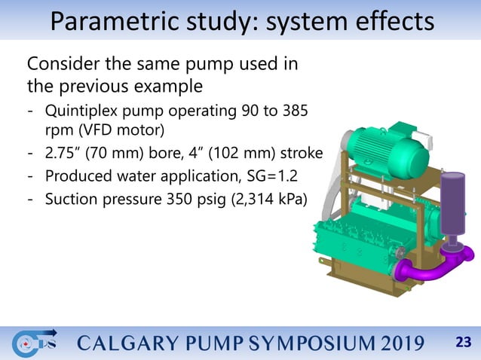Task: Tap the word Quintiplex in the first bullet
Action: pyautogui.click(x=85, y=111)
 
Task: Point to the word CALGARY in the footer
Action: pyautogui.click(x=119, y=344)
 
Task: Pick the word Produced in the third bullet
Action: pyautogui.click(x=78, y=177)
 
